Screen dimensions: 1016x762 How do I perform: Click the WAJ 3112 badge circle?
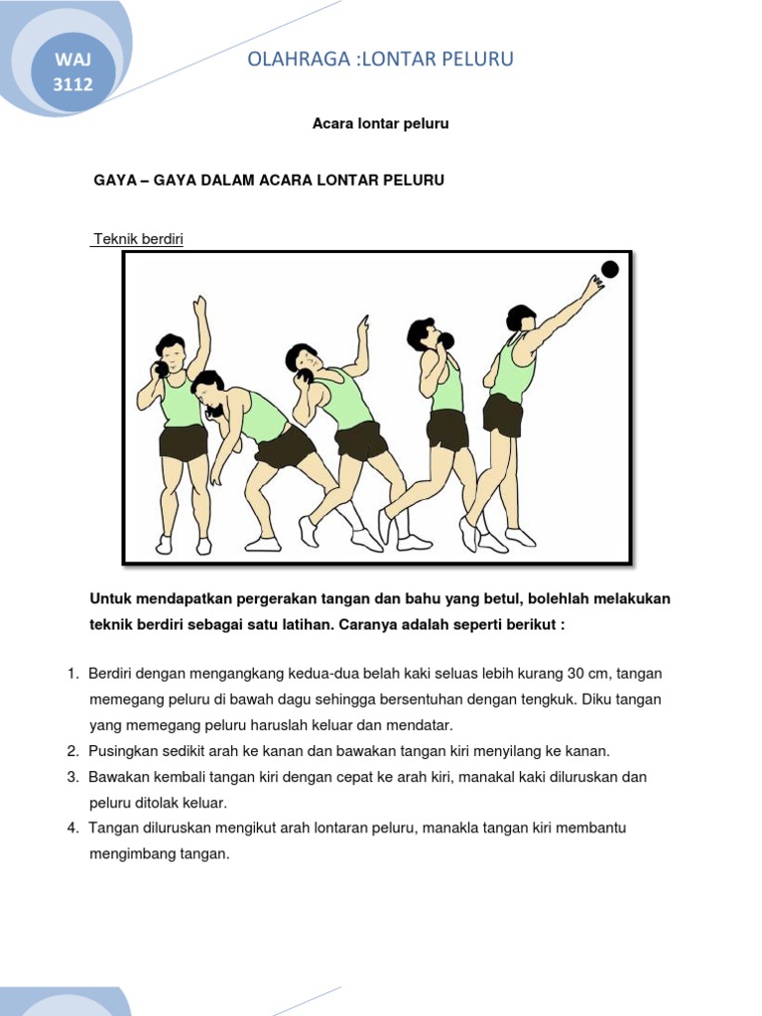pos(72,72)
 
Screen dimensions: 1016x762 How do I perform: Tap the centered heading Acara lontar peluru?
pos(381,124)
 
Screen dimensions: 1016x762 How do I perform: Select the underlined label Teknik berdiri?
pos(137,239)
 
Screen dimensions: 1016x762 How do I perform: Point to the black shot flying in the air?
pos(609,269)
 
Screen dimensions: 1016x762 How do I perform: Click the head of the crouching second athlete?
pos(208,390)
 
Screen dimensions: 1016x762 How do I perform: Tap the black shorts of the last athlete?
pos(503,414)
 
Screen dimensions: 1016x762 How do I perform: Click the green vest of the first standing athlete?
pos(181,401)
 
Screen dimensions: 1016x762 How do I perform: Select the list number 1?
pos(72,674)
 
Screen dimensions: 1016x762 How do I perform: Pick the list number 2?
pos(72,751)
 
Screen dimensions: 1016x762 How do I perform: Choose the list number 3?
pos(72,777)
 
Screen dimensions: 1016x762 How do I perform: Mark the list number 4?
pos(72,827)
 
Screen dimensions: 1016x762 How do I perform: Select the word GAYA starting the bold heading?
pos(114,181)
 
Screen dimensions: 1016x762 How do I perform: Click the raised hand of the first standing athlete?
pos(200,304)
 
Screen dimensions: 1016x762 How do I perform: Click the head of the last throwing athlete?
pos(521,318)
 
